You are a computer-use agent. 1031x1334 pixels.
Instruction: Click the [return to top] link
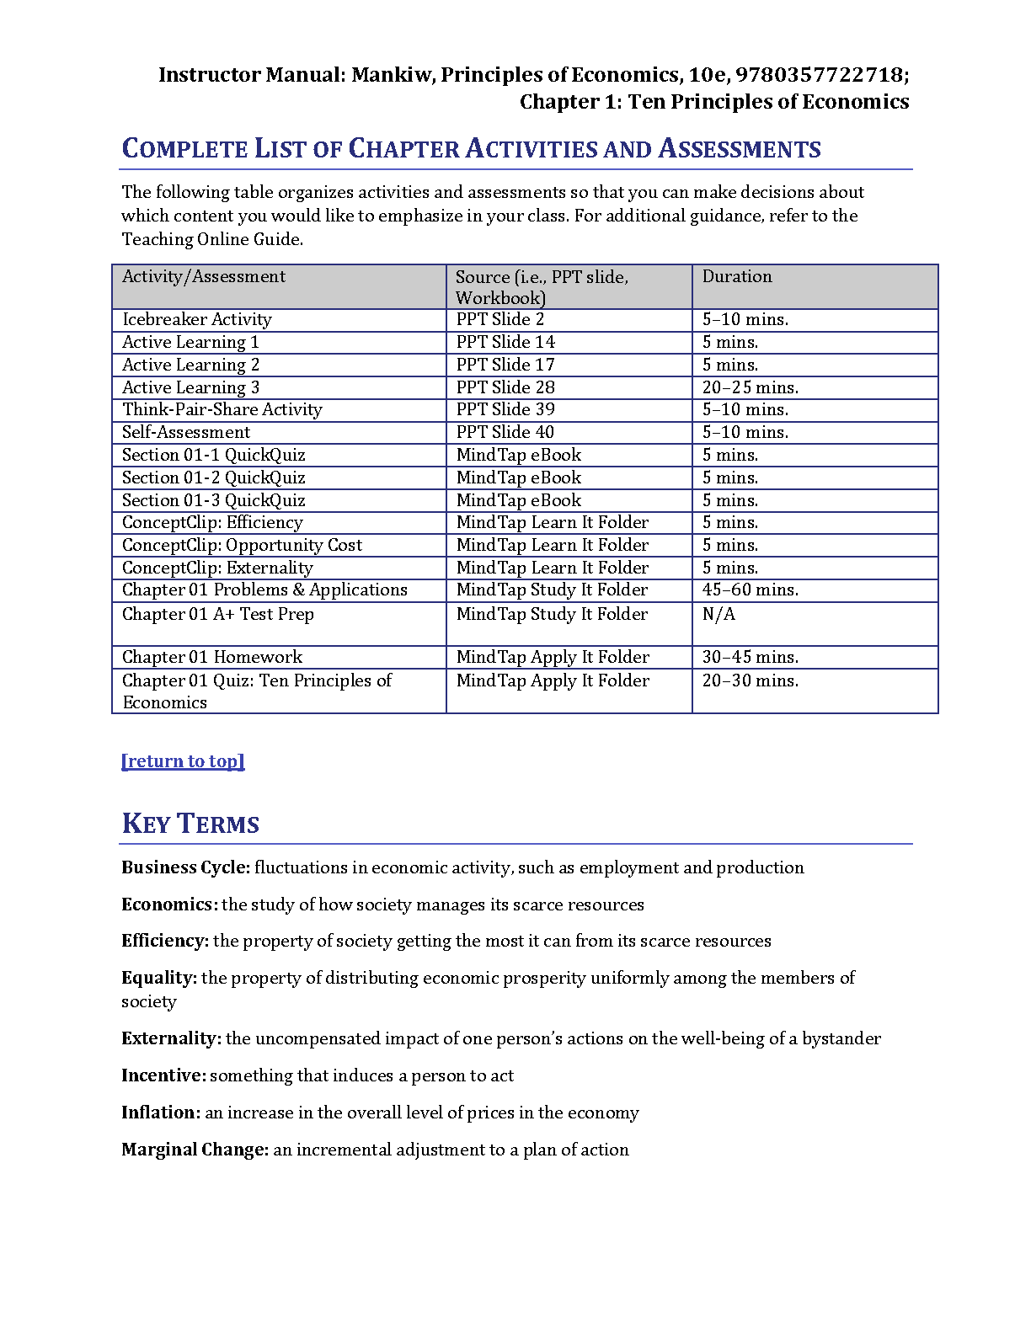click(x=183, y=761)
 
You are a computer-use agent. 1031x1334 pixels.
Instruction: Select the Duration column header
click(x=737, y=277)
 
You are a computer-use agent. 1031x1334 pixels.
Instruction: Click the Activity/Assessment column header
click(x=204, y=277)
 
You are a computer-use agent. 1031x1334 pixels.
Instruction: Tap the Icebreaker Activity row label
click(x=197, y=320)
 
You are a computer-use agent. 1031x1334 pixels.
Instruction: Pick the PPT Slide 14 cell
click(x=505, y=343)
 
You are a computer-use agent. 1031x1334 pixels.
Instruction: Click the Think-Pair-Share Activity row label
click(x=222, y=410)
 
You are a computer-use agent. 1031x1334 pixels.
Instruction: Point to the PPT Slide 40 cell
click(x=505, y=433)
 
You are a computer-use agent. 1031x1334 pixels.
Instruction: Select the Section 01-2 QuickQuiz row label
click(x=214, y=478)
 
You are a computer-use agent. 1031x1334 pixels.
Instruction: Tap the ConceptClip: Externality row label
click(x=217, y=568)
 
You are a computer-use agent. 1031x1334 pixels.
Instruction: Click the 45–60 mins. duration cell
click(x=750, y=590)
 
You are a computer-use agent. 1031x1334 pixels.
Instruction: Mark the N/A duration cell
click(x=718, y=615)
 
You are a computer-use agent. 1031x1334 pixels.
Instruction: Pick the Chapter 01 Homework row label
click(x=212, y=658)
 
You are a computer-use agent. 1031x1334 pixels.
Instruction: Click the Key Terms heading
click(x=190, y=824)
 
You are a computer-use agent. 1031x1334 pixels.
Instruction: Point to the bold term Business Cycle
click(x=185, y=868)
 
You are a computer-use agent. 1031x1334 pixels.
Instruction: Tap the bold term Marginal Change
click(x=195, y=1150)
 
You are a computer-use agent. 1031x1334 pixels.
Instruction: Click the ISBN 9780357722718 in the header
click(x=819, y=75)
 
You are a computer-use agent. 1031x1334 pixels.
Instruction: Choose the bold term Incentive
click(x=163, y=1076)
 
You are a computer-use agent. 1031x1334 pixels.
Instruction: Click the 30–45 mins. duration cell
click(x=750, y=658)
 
